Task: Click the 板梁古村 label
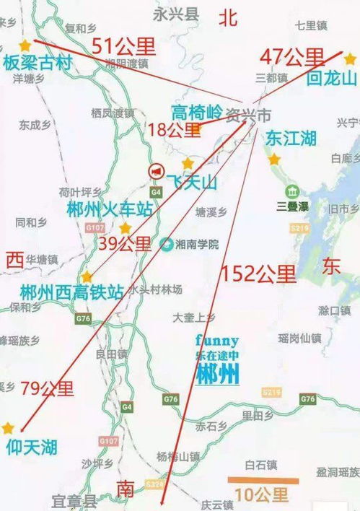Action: [x=38, y=64]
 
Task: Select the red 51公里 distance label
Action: [x=123, y=47]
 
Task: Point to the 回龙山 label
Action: [x=332, y=78]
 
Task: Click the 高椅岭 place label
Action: [x=196, y=112]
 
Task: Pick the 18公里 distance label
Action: [x=174, y=130]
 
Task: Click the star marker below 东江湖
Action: [x=274, y=159]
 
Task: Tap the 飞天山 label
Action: [x=192, y=183]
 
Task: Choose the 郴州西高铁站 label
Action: [x=72, y=293]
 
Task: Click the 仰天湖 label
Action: [x=32, y=447]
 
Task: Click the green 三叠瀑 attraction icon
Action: [x=292, y=191]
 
